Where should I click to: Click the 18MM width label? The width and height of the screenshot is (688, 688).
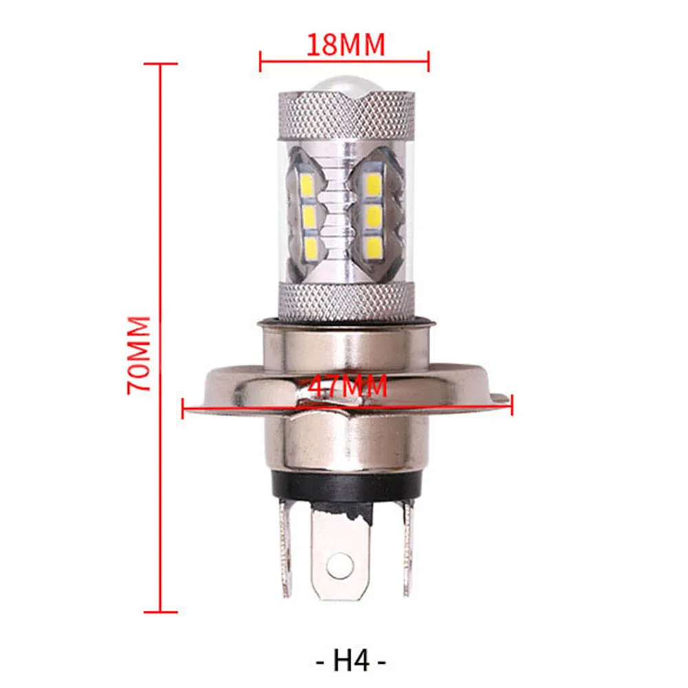click(345, 45)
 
